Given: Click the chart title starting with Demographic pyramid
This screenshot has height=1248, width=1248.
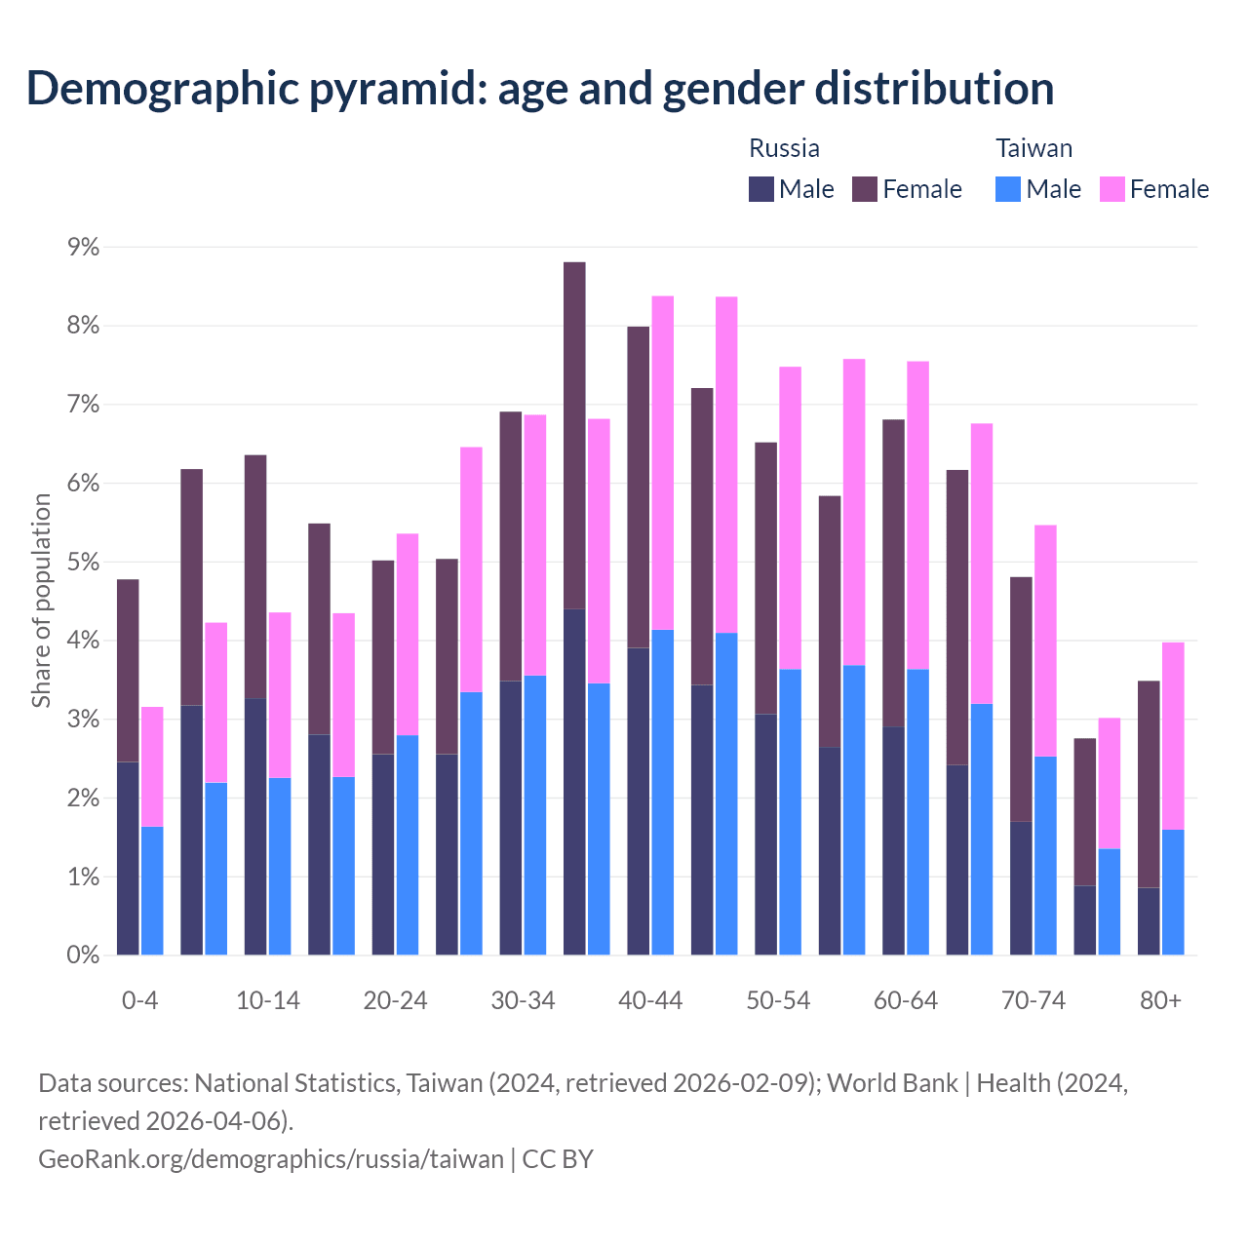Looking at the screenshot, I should [540, 88].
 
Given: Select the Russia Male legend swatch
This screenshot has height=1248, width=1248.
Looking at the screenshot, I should [760, 189].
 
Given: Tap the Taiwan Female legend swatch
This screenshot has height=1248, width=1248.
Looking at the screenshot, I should [1111, 189].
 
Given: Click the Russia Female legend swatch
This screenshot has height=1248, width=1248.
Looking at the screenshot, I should [865, 189].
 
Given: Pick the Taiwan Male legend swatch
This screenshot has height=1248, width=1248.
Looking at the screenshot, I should [1008, 189].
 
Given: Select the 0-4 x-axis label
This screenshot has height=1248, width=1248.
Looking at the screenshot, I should [139, 1001].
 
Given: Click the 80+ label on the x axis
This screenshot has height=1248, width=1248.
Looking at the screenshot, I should [1160, 1001].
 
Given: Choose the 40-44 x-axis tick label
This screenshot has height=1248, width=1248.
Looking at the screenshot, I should [650, 1001].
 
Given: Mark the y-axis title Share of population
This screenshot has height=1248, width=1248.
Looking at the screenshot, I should [41, 601].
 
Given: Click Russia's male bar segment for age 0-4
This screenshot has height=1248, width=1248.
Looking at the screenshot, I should [128, 858].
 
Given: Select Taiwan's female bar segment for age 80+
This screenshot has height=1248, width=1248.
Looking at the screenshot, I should [1173, 736].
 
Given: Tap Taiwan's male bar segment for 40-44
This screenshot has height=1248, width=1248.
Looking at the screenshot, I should [663, 792].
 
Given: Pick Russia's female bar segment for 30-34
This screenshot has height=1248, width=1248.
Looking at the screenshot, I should [511, 546].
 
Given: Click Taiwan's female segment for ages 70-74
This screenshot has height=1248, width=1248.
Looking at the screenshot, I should [1045, 641].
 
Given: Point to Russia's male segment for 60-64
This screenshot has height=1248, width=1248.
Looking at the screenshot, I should [893, 840].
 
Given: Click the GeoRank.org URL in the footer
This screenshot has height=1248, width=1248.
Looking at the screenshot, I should [271, 1159].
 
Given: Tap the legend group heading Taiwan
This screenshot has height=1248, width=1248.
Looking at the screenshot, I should [1033, 148].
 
